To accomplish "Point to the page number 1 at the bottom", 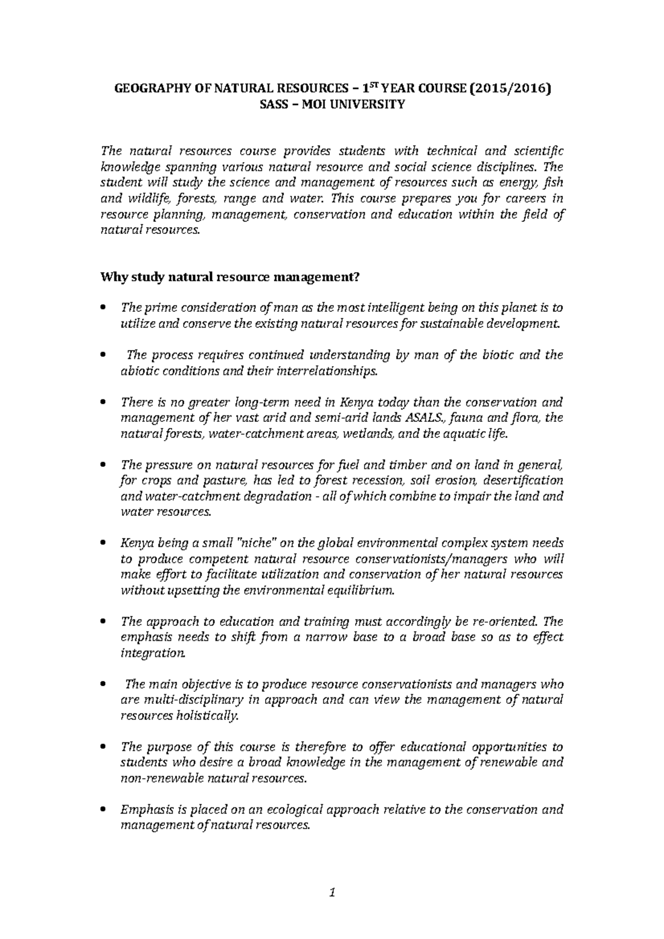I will pos(332,892).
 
